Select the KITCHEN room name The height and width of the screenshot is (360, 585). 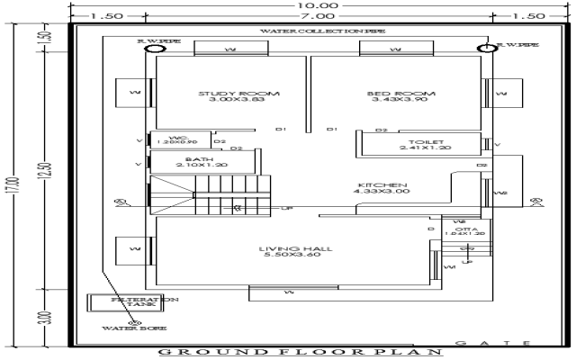tap(382, 183)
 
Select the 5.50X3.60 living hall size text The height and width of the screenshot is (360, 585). tap(286, 256)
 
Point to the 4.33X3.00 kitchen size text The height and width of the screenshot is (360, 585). tap(382, 191)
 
